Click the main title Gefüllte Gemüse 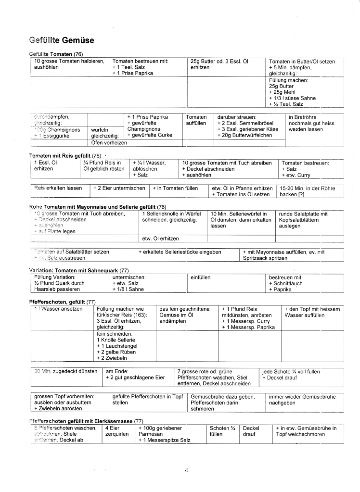pos(62,40)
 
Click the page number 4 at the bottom pos(186,470)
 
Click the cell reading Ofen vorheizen pos(109,142)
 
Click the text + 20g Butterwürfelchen pos(245,135)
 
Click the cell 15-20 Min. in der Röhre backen pos(308,191)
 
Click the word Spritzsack pos(259,258)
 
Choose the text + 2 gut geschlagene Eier pos(135,378)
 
